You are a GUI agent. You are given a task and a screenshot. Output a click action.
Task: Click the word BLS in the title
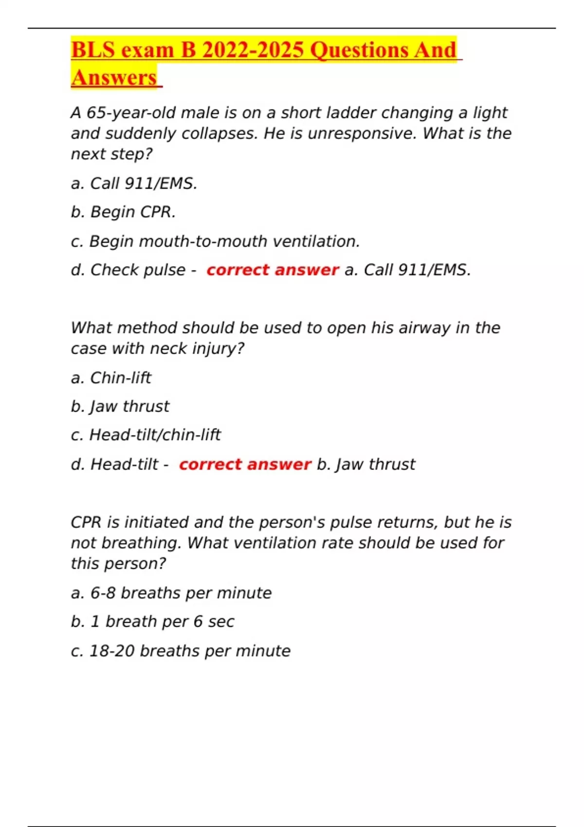coord(92,50)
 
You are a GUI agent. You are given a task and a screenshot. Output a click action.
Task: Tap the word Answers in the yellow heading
coord(114,78)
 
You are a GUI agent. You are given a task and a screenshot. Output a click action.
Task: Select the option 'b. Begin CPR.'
coord(123,212)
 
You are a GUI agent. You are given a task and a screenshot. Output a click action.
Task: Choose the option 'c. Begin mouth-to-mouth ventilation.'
coord(215,241)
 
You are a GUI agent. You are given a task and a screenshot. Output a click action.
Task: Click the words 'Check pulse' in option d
coord(138,270)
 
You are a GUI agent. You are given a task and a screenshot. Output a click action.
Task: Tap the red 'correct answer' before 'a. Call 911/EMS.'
coord(272,270)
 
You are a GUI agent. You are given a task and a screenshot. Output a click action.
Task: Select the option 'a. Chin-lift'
coord(111,378)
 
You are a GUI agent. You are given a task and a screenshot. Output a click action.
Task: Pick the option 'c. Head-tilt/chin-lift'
coord(146,435)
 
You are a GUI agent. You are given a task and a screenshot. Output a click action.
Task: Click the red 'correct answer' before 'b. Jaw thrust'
coord(245,465)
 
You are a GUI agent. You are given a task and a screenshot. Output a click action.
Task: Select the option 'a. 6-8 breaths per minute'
coord(171,593)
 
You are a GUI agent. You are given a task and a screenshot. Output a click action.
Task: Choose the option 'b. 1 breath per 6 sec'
coord(152,622)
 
